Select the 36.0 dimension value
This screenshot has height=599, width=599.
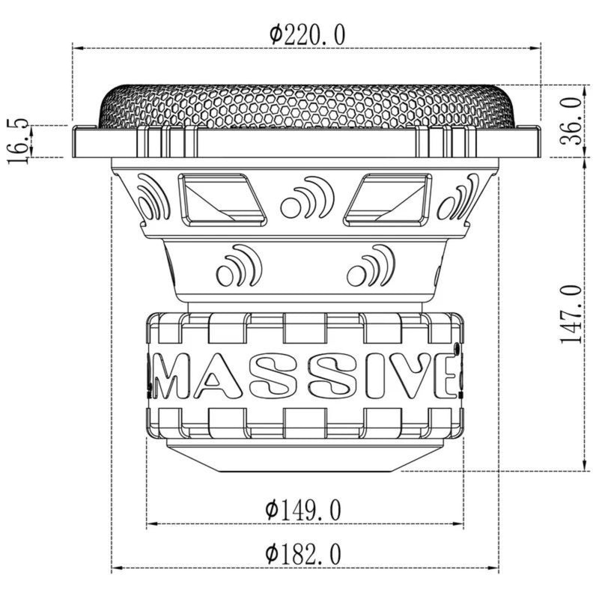pyautogui.click(x=571, y=121)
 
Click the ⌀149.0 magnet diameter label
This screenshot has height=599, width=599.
pyautogui.click(x=304, y=511)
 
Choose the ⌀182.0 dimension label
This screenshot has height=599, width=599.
pyautogui.click(x=304, y=554)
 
